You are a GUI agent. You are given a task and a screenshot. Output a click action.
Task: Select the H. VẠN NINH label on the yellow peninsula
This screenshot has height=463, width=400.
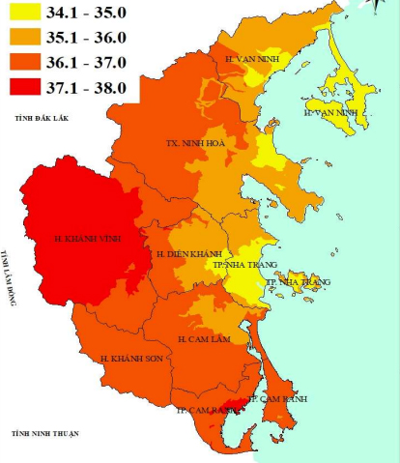pyautogui.click(x=330, y=113)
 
